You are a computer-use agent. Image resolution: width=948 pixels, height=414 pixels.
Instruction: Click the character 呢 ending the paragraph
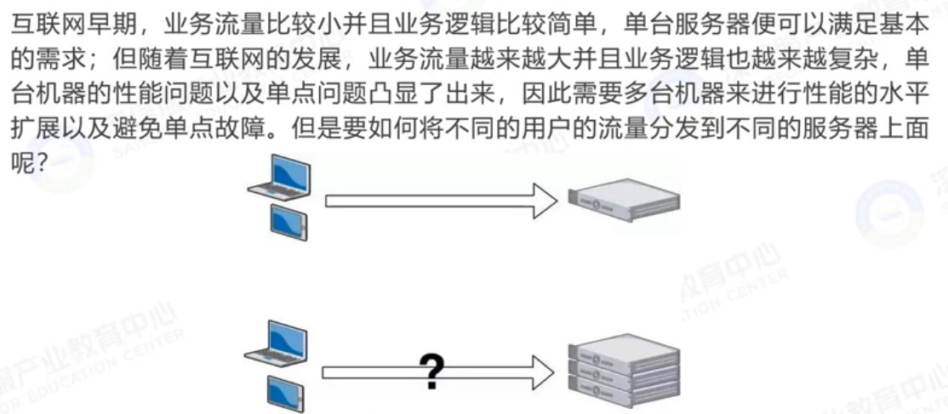coord(21,158)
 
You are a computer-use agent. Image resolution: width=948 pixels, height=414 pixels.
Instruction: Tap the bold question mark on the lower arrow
coord(432,371)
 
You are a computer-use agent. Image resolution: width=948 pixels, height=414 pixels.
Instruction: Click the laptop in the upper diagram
coord(280,177)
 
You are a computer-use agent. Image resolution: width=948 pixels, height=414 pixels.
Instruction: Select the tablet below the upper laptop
coord(288,222)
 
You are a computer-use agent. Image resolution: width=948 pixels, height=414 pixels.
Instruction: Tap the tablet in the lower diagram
coord(287,388)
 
